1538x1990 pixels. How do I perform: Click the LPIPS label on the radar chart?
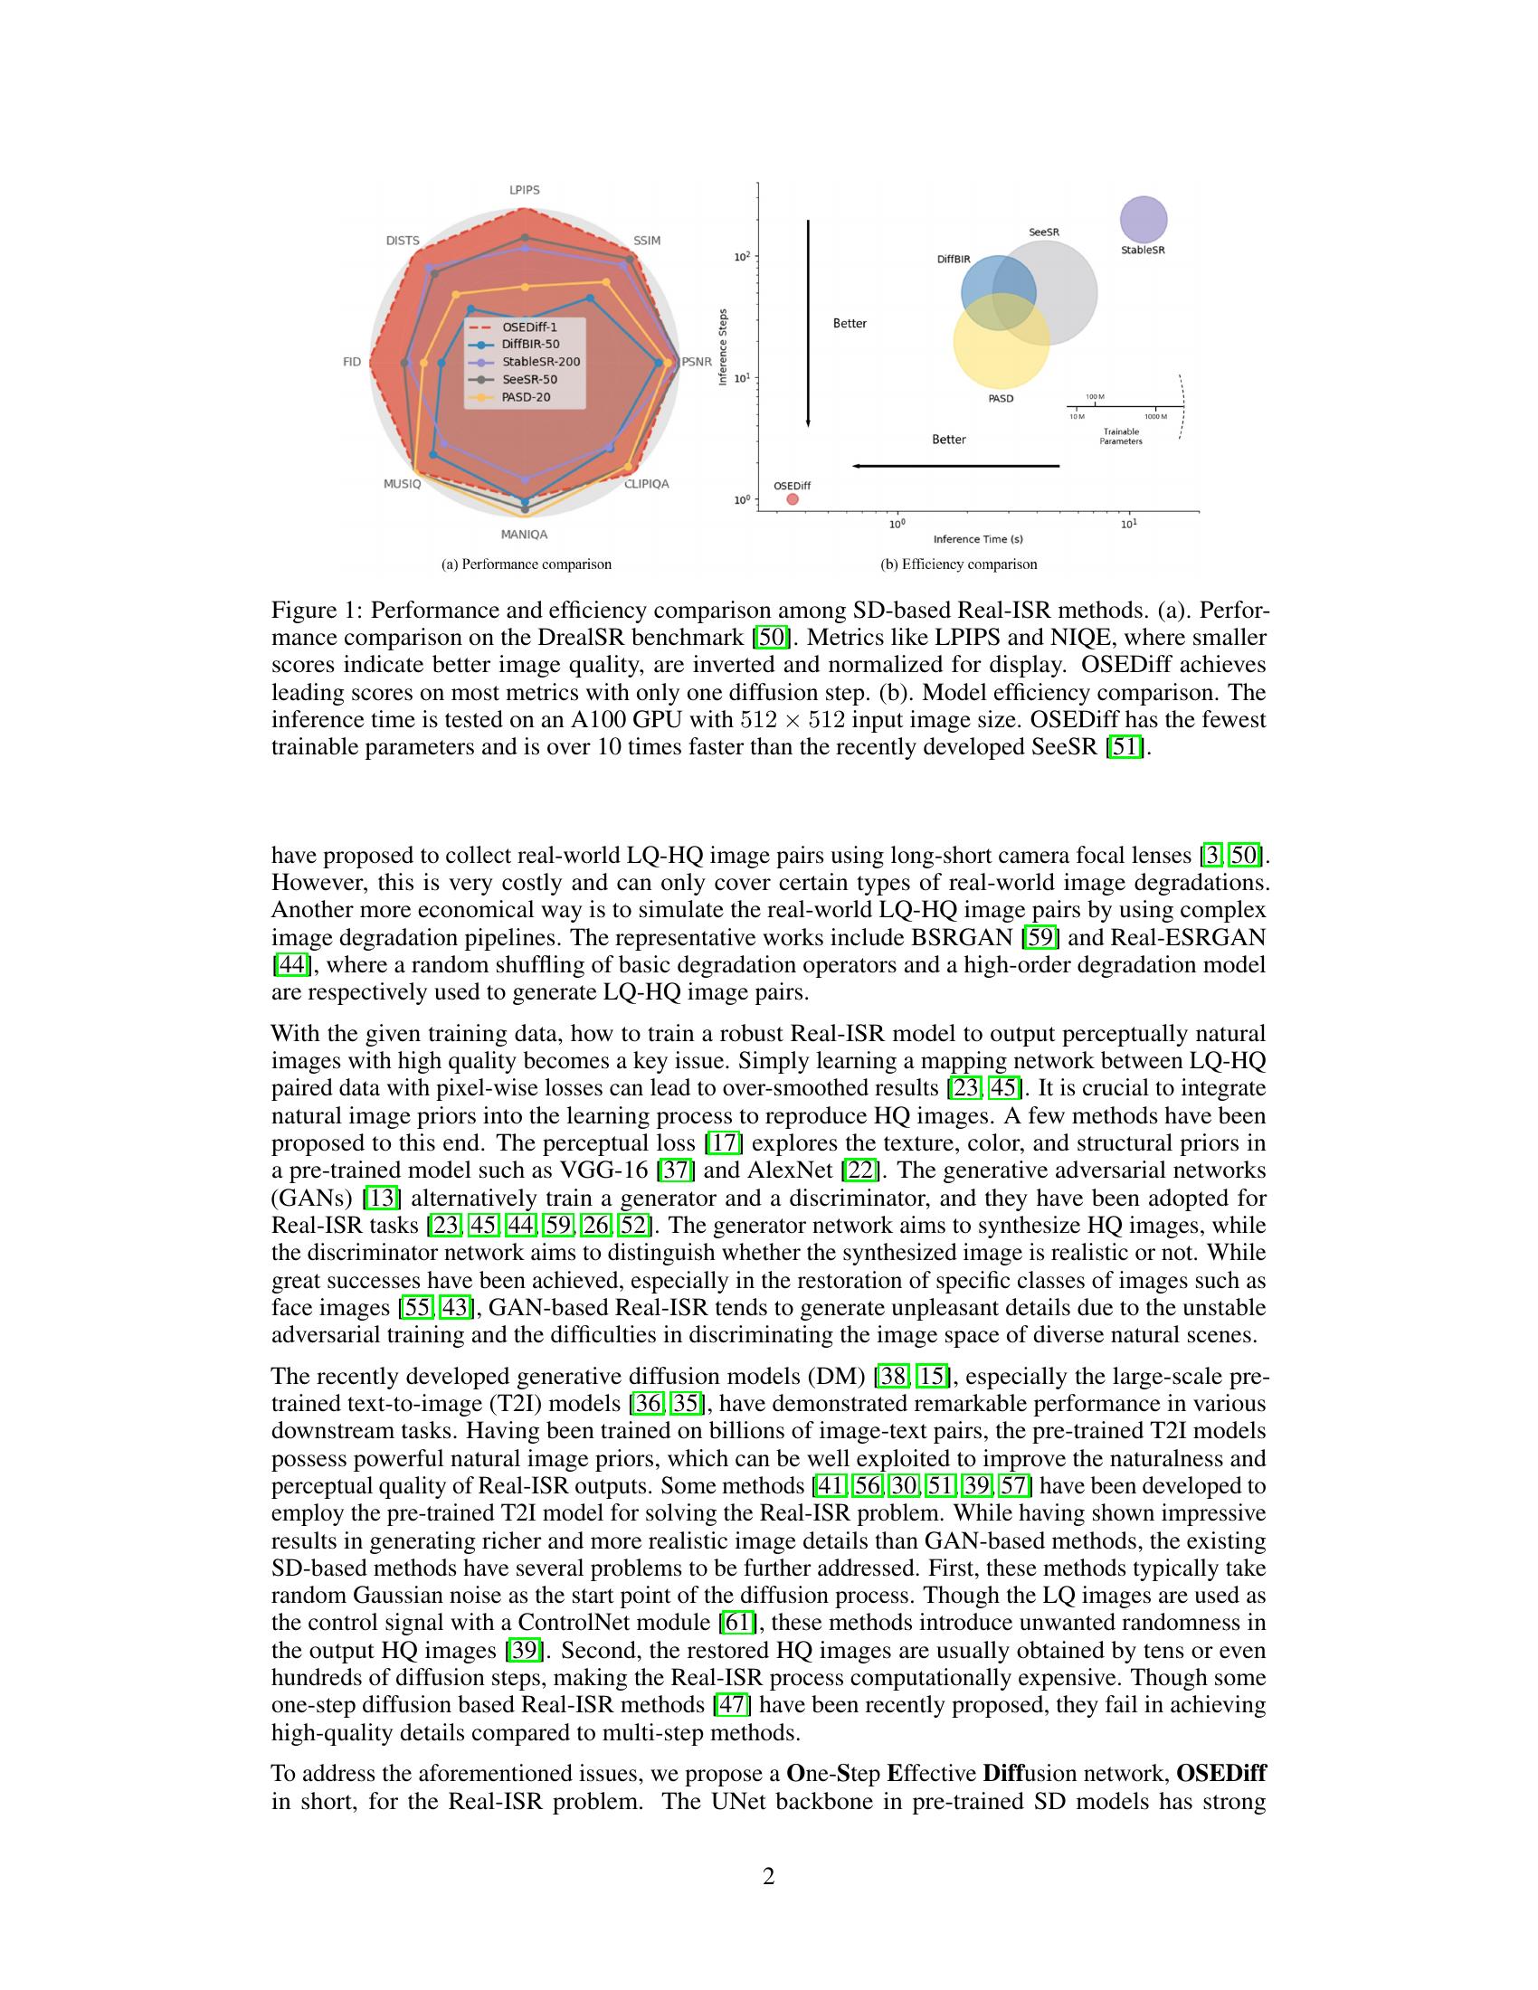click(524, 190)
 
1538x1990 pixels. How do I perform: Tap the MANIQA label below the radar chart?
click(524, 535)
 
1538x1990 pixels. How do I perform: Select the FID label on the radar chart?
click(352, 362)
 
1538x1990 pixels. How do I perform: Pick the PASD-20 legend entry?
click(526, 397)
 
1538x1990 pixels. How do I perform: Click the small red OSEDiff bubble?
click(792, 499)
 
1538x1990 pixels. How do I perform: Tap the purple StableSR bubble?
click(1143, 220)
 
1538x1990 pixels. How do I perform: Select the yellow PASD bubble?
click(1001, 341)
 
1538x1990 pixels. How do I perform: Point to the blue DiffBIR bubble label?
click(954, 259)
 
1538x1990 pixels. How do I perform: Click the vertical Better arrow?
click(808, 324)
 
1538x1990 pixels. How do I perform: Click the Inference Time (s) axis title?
click(978, 539)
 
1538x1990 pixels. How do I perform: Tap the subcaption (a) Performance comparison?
click(526, 564)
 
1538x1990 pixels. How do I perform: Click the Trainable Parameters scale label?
click(1121, 437)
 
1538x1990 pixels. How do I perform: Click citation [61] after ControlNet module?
click(735, 1623)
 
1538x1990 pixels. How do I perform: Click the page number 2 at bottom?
click(768, 1876)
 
